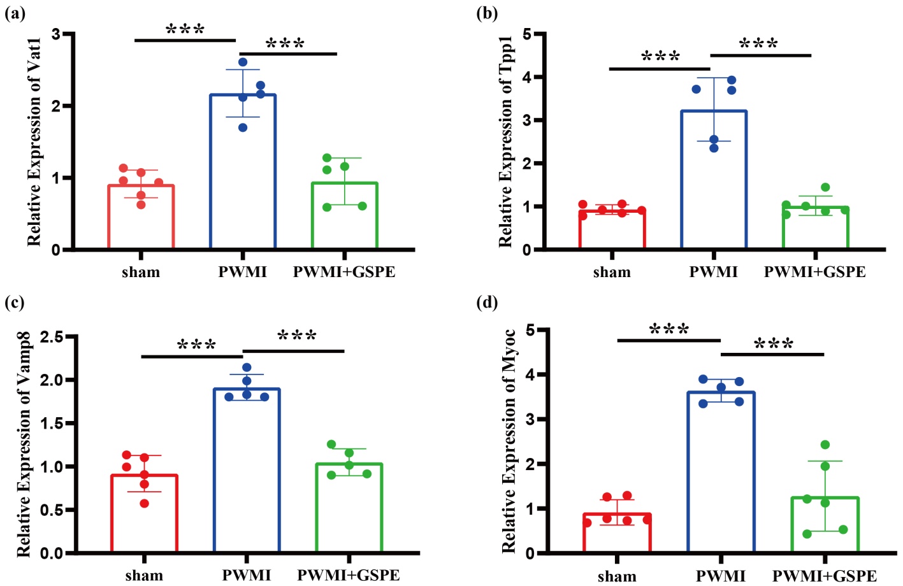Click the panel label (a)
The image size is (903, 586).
point(15,13)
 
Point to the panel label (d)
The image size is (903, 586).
point(487,302)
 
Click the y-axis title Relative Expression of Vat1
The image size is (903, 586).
point(34,141)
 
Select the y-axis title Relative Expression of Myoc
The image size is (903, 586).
point(508,441)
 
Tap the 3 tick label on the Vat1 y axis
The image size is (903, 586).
point(56,34)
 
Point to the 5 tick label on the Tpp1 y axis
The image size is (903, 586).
point(527,34)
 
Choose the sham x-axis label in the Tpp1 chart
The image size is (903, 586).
point(612,273)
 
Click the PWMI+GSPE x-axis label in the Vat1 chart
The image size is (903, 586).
point(344,273)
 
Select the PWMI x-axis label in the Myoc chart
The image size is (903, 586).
point(721,576)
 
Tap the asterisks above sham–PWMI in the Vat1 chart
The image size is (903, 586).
point(185,30)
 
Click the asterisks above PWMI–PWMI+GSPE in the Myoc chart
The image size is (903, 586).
point(774,345)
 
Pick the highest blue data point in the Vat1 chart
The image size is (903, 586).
point(243,62)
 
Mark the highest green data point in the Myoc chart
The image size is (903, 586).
point(825,445)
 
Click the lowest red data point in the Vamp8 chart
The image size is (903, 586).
point(145,503)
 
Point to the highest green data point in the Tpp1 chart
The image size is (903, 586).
point(825,187)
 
